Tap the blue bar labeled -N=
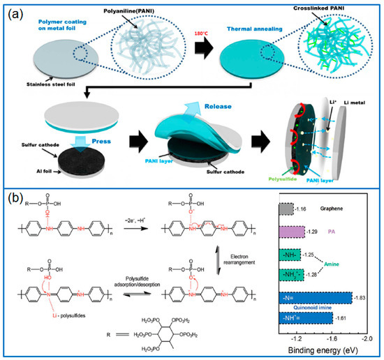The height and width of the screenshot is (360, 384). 315,297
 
